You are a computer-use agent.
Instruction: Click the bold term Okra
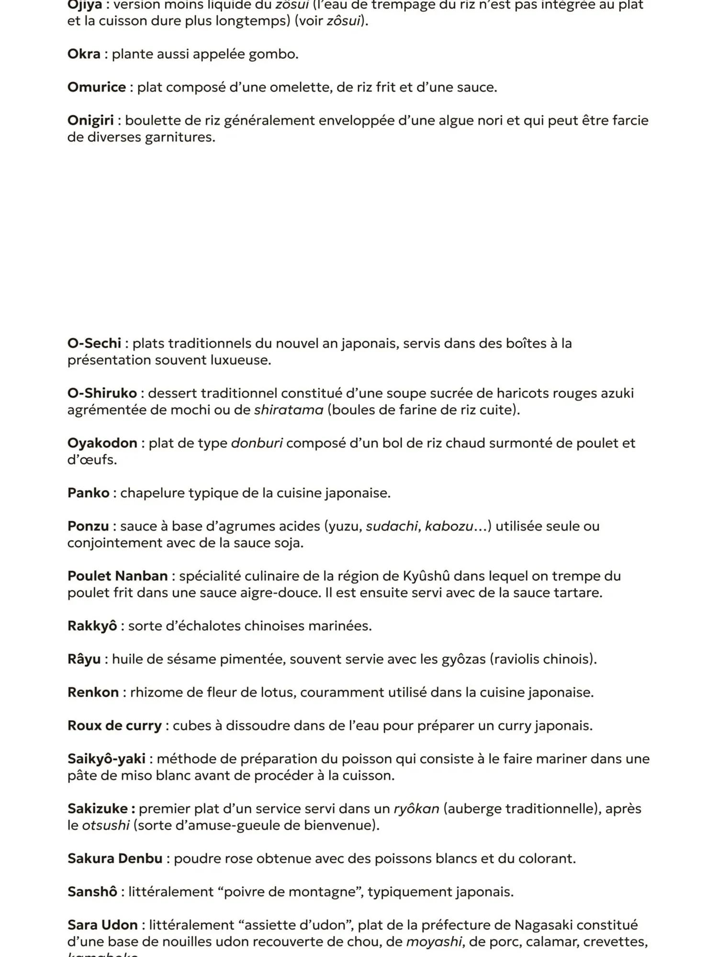point(84,54)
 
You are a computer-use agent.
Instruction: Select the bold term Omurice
point(97,88)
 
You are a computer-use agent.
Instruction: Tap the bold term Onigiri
point(90,121)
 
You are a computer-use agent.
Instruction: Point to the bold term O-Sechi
point(94,344)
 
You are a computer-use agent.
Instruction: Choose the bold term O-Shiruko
point(102,393)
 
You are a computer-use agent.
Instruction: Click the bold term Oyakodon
point(102,443)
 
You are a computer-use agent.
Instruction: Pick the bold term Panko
point(89,493)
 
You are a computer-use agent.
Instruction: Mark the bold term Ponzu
point(88,526)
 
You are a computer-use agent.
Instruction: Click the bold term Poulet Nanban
point(118,576)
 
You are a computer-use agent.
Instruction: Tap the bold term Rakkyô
point(92,626)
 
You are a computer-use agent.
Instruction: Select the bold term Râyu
point(84,659)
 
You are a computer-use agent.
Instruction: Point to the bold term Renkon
point(93,692)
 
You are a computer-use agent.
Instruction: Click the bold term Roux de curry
point(114,726)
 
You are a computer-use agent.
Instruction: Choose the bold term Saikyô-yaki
point(106,759)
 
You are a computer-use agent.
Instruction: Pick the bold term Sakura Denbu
point(115,859)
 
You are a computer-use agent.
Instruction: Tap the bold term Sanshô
point(92,892)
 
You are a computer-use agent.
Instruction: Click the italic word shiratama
point(289,410)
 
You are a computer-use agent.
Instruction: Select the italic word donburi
point(257,443)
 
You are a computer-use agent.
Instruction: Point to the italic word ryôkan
point(416,809)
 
